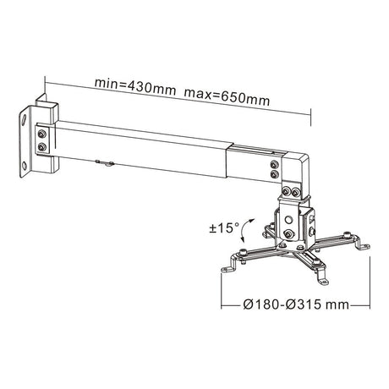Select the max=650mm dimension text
(227, 97)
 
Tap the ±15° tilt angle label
(224, 227)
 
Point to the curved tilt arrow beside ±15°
(246, 230)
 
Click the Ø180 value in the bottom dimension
(261, 304)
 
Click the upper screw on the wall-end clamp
(42, 134)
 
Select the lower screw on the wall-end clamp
(42, 146)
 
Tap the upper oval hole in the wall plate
(25, 119)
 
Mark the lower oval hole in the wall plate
(25, 166)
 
